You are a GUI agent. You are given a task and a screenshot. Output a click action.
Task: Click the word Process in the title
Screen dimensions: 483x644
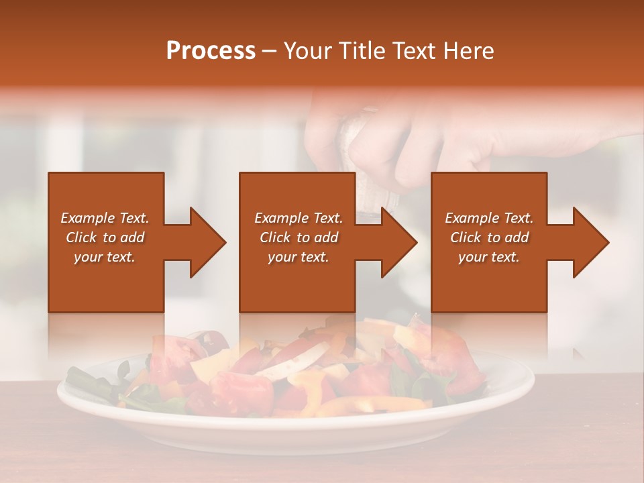click(x=211, y=51)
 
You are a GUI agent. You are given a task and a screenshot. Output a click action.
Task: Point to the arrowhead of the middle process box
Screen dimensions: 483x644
click(x=398, y=242)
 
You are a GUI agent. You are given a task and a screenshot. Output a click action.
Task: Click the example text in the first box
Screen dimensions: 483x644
click(x=105, y=237)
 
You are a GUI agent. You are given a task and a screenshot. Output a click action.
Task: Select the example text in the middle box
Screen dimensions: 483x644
click(x=299, y=237)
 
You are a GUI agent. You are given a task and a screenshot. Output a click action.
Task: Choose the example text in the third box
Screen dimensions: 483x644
click(x=489, y=237)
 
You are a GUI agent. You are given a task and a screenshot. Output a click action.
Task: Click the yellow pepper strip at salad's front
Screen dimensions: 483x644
click(x=376, y=404)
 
